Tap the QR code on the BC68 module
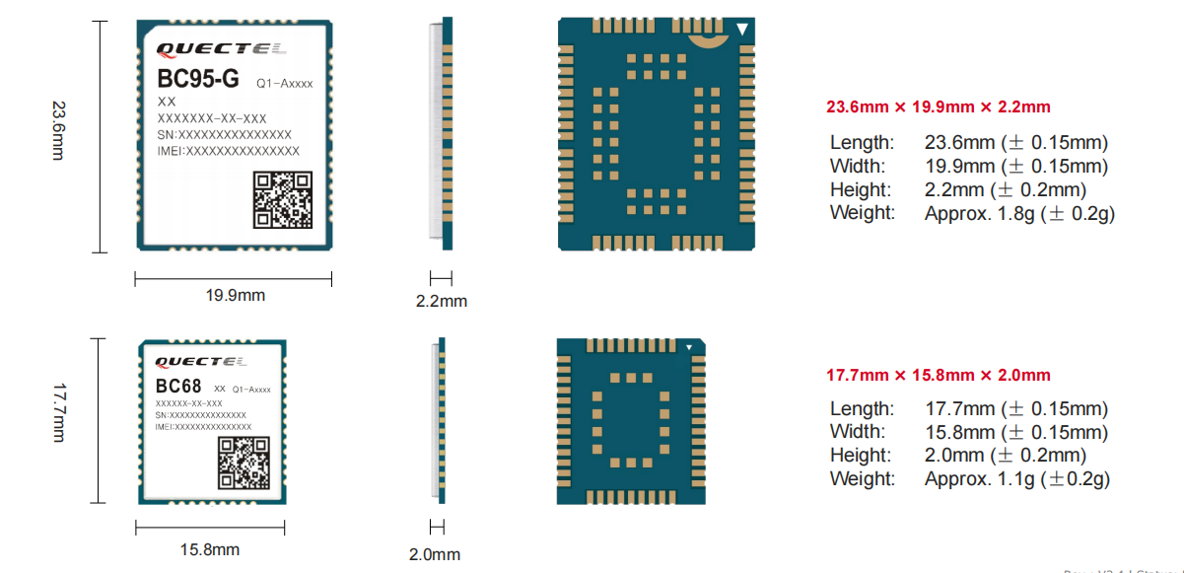[243, 464]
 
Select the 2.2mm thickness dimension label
[441, 300]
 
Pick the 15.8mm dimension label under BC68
[209, 549]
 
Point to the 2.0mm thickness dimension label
[435, 554]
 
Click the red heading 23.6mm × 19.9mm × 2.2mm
[938, 107]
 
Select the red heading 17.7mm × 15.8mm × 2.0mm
[938, 375]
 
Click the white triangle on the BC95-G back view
[742, 30]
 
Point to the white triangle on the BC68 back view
[690, 347]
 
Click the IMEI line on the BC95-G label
[229, 151]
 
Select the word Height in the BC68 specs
[860, 456]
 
